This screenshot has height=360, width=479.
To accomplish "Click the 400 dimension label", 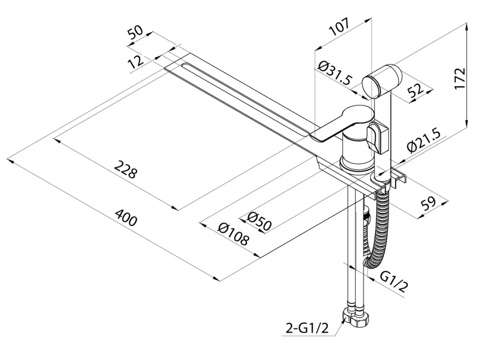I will coord(126,220).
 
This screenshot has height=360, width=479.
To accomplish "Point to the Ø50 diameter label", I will coord(260,220).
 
